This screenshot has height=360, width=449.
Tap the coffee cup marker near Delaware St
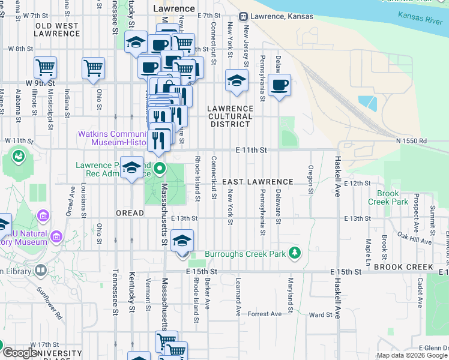(279, 85)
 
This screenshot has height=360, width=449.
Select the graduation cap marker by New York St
(237, 80)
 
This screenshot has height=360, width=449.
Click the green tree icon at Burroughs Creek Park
(294, 254)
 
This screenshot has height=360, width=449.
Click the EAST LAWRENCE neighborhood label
(258, 182)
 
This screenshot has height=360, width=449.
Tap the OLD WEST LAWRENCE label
(57, 30)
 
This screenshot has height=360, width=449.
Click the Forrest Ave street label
(265, 314)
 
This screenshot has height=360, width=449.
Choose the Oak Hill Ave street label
(414, 240)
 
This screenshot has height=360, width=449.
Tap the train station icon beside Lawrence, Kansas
(244, 16)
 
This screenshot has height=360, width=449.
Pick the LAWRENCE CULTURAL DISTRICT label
(229, 116)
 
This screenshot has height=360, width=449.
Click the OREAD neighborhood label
(130, 213)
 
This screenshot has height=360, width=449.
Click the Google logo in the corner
(20, 353)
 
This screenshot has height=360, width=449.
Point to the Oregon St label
(311, 180)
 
